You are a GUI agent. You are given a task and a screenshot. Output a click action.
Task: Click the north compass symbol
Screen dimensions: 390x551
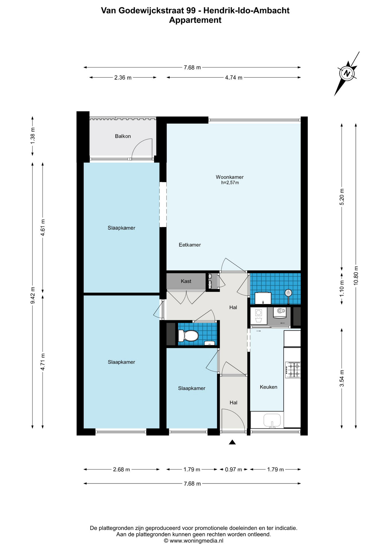point(347,73)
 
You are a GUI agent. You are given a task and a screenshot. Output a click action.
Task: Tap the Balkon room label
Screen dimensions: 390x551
point(123,136)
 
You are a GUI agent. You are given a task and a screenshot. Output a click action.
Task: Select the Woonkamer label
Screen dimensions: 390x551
point(230,177)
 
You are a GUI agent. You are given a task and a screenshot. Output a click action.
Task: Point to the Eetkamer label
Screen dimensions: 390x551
point(190,245)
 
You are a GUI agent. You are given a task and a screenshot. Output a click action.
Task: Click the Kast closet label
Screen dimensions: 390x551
point(186,281)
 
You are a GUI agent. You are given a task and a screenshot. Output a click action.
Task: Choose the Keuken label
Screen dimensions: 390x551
point(269,387)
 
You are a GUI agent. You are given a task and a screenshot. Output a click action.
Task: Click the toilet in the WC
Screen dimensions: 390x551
point(188,335)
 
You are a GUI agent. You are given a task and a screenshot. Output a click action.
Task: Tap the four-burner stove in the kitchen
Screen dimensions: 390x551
point(293,370)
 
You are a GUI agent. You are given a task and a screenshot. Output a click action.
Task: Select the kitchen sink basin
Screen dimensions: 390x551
point(272,420)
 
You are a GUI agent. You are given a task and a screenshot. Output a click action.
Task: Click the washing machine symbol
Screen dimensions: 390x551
point(258,316)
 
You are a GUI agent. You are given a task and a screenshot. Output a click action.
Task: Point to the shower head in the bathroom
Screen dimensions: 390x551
point(288,293)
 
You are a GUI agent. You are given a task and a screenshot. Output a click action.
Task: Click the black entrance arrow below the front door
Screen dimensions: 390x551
point(232,442)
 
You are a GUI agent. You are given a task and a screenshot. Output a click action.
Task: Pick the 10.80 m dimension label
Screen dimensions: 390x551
point(356,275)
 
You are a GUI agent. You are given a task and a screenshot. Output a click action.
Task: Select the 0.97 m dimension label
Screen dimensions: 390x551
point(233,469)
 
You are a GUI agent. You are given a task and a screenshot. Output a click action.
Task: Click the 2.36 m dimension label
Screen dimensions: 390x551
point(123,77)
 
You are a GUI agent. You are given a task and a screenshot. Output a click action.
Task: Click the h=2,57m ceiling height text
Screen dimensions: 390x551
point(230,183)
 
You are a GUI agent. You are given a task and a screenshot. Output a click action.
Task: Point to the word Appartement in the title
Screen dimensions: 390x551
point(195,20)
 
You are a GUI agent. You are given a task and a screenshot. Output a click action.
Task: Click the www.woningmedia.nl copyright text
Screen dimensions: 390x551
point(194,541)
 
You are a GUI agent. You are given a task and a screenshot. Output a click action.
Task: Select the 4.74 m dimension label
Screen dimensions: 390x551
point(234,77)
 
